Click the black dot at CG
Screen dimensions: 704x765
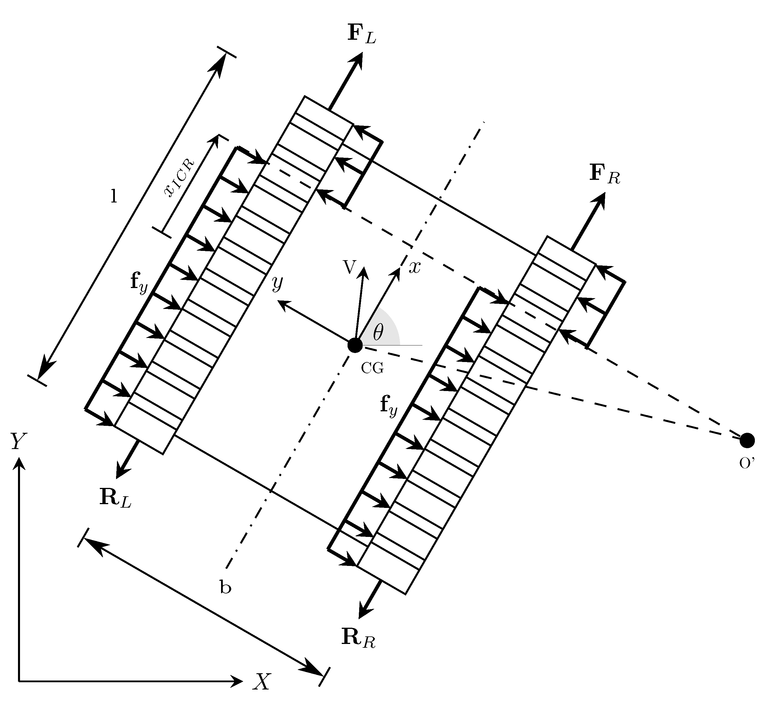[x=355, y=345]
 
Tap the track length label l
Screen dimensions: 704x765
[x=113, y=197]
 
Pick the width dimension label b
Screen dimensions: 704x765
[x=225, y=587]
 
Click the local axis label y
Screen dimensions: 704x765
[x=277, y=283]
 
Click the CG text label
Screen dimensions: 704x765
[x=372, y=368]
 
